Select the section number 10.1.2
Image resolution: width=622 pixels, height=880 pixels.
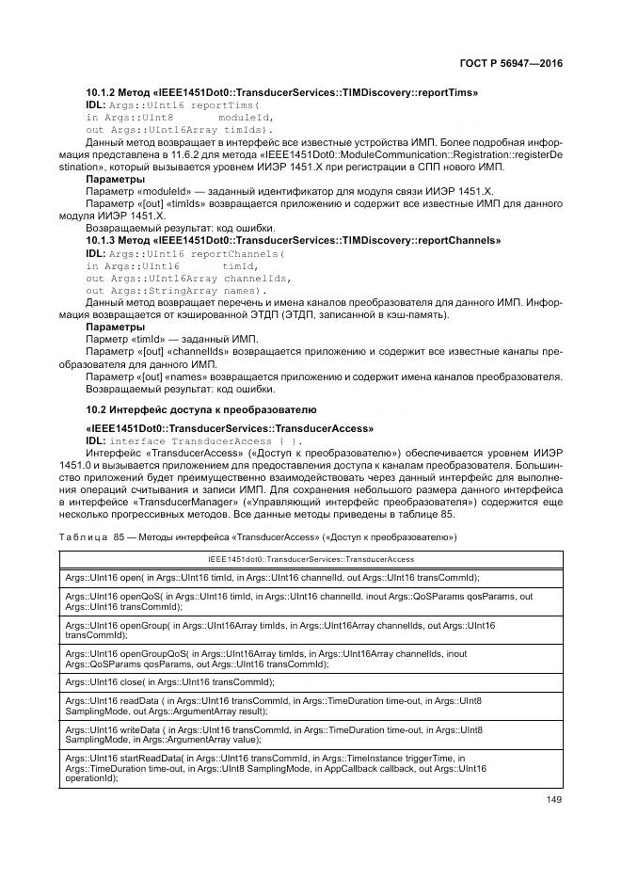point(101,93)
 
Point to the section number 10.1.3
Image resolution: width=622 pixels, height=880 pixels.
point(101,241)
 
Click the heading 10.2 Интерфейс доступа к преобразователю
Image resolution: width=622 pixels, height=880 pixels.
point(200,410)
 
